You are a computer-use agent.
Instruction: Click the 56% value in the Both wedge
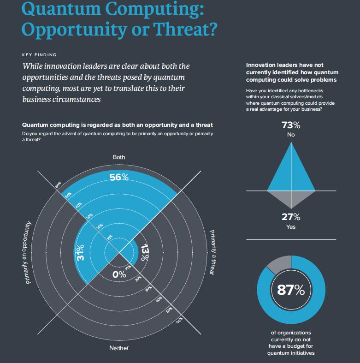click(119, 177)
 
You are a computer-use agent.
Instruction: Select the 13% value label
click(145, 253)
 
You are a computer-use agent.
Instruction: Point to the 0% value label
click(119, 274)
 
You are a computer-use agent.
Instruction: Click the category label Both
click(119, 157)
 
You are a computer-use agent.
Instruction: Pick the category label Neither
click(119, 348)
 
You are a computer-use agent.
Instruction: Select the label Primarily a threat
click(212, 252)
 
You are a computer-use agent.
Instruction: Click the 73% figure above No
click(291, 125)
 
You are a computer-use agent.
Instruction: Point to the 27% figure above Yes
click(291, 217)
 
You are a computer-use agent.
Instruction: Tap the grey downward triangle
click(291, 197)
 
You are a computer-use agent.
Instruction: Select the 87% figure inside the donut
click(291, 290)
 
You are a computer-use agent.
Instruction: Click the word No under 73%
click(291, 135)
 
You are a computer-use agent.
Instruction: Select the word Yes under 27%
click(291, 227)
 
